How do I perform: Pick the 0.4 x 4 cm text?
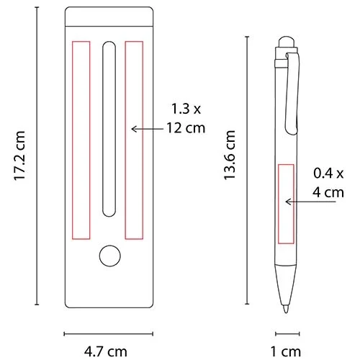pos(328,183)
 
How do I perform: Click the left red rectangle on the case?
pos(80,139)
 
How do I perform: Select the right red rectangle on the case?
pos(134,139)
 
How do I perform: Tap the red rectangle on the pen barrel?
pos(286,195)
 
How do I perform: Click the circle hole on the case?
pos(109,256)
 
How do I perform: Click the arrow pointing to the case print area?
pos(147,129)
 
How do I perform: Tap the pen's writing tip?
pos(286,310)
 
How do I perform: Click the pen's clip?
pos(292,94)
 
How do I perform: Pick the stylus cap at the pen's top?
pos(286,40)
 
